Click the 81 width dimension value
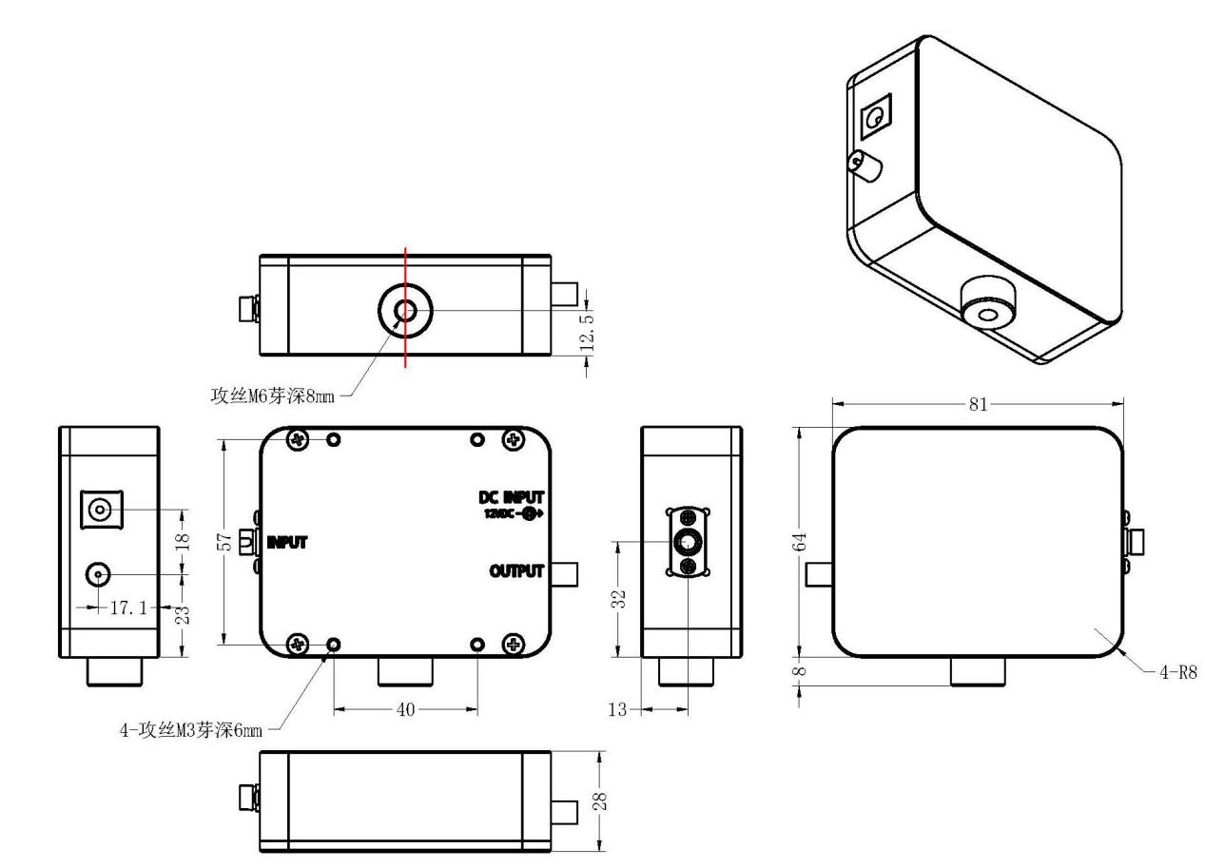[978, 405]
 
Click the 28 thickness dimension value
[599, 800]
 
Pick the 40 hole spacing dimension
[404, 709]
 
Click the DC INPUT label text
[511, 497]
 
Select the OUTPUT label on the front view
[516, 571]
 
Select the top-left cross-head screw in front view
[299, 439]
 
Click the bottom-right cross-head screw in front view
[515, 645]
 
